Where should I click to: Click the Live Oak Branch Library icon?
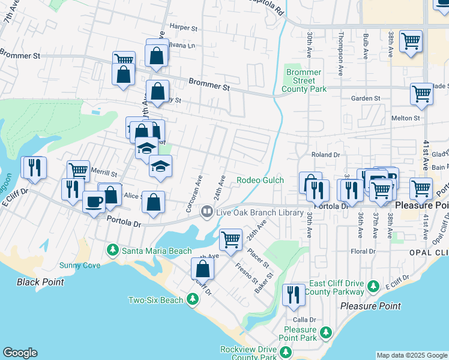pos(206,211)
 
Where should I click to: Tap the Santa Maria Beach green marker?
pos(112,249)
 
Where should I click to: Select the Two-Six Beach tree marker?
pos(192,298)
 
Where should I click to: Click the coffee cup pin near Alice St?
pos(93,202)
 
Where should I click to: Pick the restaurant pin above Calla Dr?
pos(293,295)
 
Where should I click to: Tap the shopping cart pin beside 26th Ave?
pos(231,240)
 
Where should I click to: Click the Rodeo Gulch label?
pos(260,180)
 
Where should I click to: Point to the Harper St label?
pos(183,28)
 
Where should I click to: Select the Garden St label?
pos(366,98)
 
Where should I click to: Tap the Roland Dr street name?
pos(325,155)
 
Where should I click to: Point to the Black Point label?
pos(40,281)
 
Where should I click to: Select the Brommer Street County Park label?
pos(306,80)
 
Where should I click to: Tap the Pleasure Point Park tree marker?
pos(325,332)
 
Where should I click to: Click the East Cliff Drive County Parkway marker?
pos(373,285)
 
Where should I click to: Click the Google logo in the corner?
pos(20,353)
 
